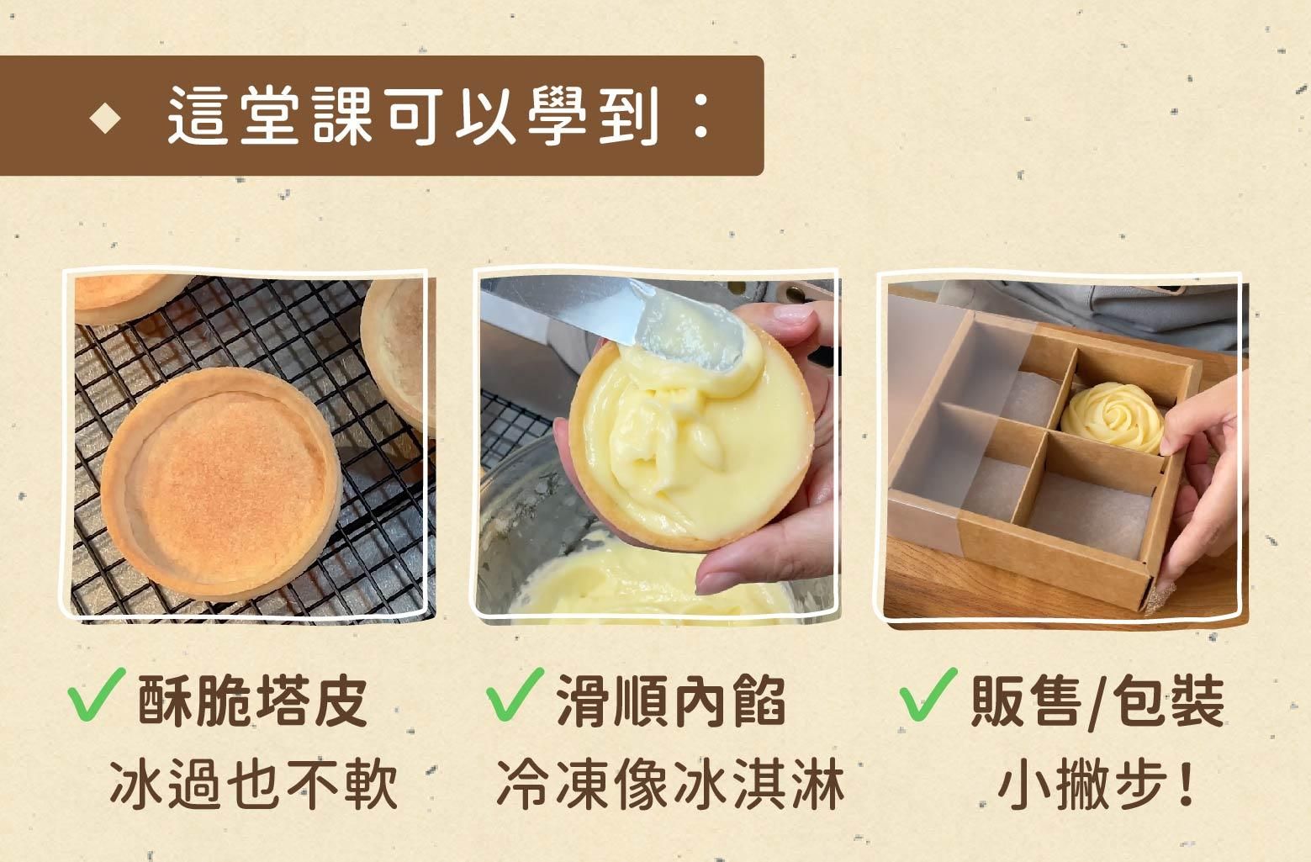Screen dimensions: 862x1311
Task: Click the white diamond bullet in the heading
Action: [107, 118]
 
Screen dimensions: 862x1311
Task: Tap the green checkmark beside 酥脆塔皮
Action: [98, 695]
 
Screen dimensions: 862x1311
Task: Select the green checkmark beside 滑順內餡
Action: [514, 695]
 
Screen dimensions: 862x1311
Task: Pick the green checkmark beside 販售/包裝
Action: [928, 695]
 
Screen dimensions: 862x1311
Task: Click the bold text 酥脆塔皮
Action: [252, 700]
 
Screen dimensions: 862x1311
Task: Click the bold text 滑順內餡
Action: [671, 700]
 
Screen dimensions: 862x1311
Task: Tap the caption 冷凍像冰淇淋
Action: [670, 785]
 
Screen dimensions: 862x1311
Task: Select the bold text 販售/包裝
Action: [1097, 700]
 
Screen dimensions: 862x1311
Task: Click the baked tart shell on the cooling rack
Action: [220, 481]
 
